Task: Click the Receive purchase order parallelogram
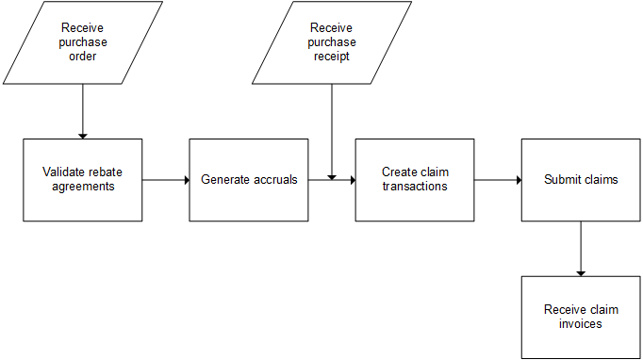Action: (83, 42)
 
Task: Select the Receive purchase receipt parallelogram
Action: (332, 42)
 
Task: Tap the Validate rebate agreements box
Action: (83, 180)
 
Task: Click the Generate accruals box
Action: (249, 180)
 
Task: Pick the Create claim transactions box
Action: (415, 180)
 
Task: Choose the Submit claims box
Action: (581, 180)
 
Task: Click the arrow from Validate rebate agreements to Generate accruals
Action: (166, 179)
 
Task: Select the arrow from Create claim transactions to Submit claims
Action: (498, 179)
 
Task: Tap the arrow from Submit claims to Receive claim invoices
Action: (581, 249)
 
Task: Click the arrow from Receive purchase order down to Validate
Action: (83, 111)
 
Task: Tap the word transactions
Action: (415, 187)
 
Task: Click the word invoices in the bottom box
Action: (581, 324)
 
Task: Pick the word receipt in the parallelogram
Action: (332, 56)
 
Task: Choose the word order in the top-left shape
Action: (83, 56)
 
